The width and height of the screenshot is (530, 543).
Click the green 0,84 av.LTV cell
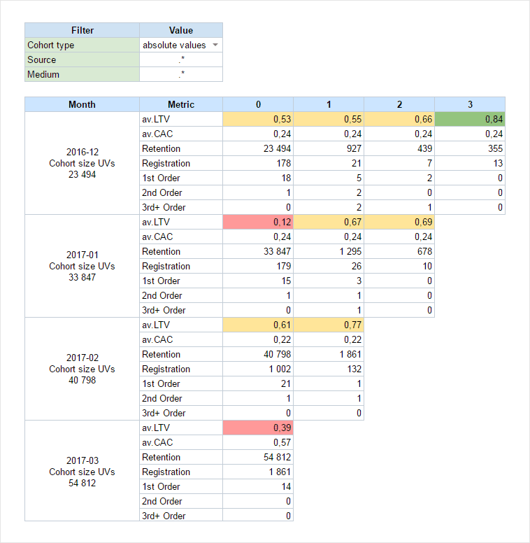tap(469, 119)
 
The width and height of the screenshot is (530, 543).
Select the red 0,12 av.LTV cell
tap(258, 222)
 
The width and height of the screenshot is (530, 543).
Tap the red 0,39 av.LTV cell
tap(258, 428)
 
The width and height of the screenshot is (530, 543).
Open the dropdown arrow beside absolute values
tap(215, 45)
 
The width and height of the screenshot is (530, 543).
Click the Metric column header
tap(181, 104)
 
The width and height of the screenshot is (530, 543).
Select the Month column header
tap(82, 104)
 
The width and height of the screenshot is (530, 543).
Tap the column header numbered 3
tap(469, 104)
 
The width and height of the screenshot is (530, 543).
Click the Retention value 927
tap(328, 148)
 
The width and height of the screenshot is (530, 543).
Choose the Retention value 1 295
tap(328, 251)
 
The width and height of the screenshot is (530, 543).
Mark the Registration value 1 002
tap(258, 369)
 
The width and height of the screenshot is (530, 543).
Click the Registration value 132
tap(328, 369)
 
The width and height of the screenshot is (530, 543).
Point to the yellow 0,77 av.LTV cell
tap(328, 325)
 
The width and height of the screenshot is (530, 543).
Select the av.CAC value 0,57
tap(258, 442)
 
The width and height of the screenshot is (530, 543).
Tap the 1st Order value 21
tap(258, 383)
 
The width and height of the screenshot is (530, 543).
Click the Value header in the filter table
tap(181, 30)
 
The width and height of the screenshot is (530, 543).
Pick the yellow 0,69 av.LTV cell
tap(399, 222)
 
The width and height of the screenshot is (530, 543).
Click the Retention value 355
tap(469, 148)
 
